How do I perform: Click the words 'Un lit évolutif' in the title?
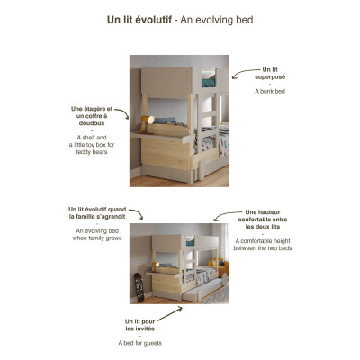144,19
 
